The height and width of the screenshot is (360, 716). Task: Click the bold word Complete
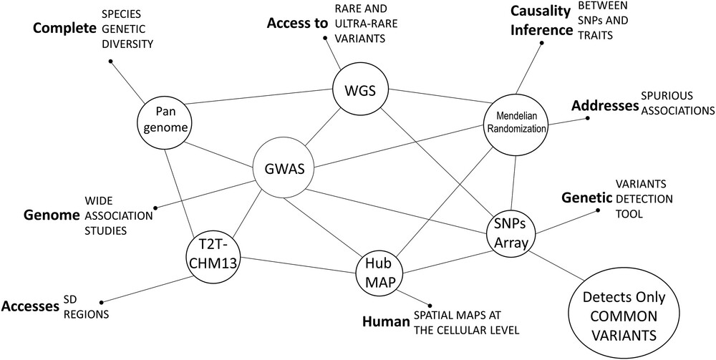[65, 29]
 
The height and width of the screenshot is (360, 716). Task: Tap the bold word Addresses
[604, 106]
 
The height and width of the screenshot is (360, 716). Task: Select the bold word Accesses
[30, 306]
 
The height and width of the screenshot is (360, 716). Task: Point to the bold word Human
[387, 322]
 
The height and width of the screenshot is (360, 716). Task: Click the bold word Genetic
[586, 198]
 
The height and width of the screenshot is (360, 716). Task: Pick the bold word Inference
[541, 31]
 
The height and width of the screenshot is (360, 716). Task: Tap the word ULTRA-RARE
[365, 24]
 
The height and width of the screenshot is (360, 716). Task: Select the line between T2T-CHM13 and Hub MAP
[299, 265]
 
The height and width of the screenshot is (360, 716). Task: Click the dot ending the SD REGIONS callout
[102, 301]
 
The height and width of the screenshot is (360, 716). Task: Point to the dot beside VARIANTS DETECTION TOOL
[598, 210]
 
